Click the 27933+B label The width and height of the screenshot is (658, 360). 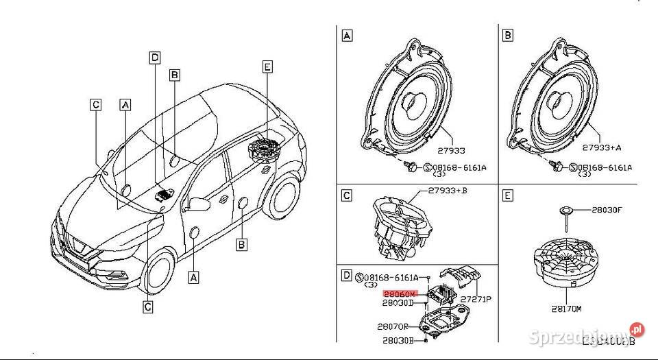point(448,191)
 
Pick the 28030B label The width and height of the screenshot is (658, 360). point(398,341)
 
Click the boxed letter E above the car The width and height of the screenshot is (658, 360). point(267,67)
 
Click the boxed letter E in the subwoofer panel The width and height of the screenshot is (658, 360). point(508,196)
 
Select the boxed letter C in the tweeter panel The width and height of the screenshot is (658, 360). point(347,196)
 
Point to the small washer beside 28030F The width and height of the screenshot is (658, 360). point(567,210)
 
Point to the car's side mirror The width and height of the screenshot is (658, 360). point(198,204)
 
